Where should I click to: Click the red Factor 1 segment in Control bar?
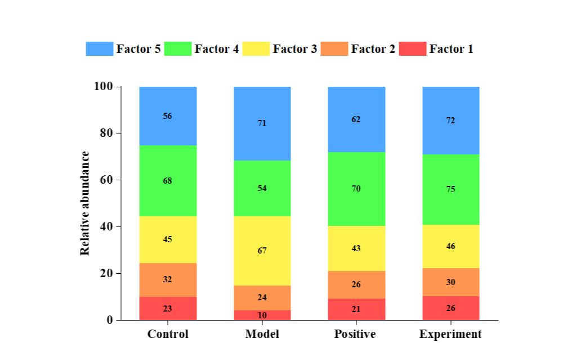168,308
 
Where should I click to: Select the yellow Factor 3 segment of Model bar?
262,251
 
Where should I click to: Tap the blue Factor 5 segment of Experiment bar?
451,121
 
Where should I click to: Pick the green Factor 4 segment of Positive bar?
356,189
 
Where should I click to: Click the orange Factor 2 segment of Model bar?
262,298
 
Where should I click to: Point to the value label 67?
262,251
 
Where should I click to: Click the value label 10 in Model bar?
262,315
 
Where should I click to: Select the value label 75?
451,189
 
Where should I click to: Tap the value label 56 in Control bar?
168,116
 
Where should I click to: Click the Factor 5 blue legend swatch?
100,49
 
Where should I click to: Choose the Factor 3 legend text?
294,49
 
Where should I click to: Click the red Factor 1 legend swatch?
413,49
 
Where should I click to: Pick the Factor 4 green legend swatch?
178,49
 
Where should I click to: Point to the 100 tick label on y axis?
103,86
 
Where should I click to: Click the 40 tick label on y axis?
106,227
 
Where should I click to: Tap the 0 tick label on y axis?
110,321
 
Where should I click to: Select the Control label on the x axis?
168,334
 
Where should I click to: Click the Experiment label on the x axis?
450,334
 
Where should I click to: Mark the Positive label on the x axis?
355,334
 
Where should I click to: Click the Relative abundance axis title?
85,203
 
